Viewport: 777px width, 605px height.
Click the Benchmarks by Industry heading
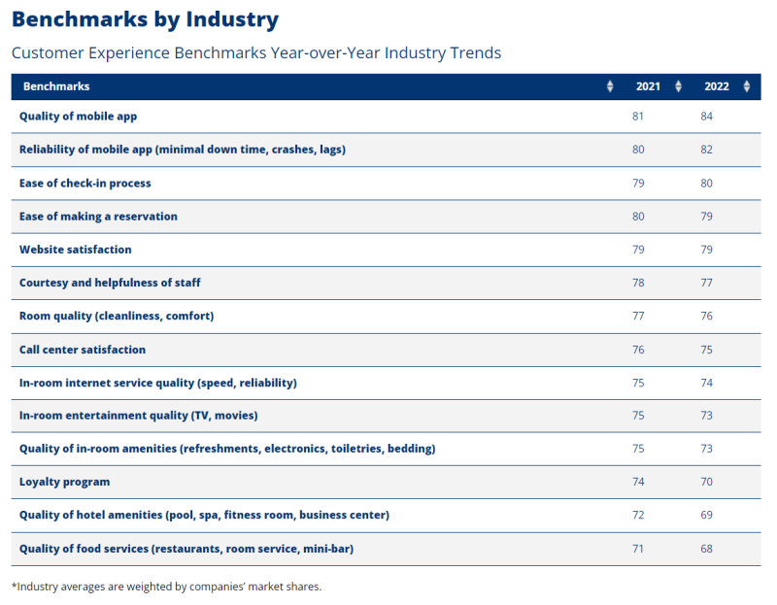tap(145, 19)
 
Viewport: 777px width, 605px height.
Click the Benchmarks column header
tap(56, 86)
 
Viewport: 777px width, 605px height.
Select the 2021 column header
tap(648, 86)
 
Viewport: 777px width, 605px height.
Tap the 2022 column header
tap(716, 86)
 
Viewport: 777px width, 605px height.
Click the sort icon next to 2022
tap(746, 86)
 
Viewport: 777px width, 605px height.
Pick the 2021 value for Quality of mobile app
tap(638, 117)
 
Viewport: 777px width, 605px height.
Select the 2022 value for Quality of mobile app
tap(706, 117)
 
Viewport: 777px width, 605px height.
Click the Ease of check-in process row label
tap(85, 183)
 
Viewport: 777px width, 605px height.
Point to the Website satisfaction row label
tap(76, 250)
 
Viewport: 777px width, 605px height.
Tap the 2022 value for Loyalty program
tap(706, 482)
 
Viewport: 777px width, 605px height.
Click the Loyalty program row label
tap(64, 482)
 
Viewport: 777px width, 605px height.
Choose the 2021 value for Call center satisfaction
tap(638, 350)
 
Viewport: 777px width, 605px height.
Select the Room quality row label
tap(117, 316)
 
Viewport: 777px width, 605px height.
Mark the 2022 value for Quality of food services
tap(706, 549)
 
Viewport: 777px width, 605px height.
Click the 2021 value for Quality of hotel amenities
tap(638, 515)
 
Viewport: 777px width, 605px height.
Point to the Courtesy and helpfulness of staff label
tap(110, 283)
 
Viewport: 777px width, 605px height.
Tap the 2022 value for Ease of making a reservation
tap(706, 217)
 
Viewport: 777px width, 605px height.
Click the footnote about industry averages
tap(166, 587)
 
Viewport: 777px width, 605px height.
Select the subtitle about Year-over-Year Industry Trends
tap(256, 52)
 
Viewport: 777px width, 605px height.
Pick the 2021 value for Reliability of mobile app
tap(638, 150)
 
